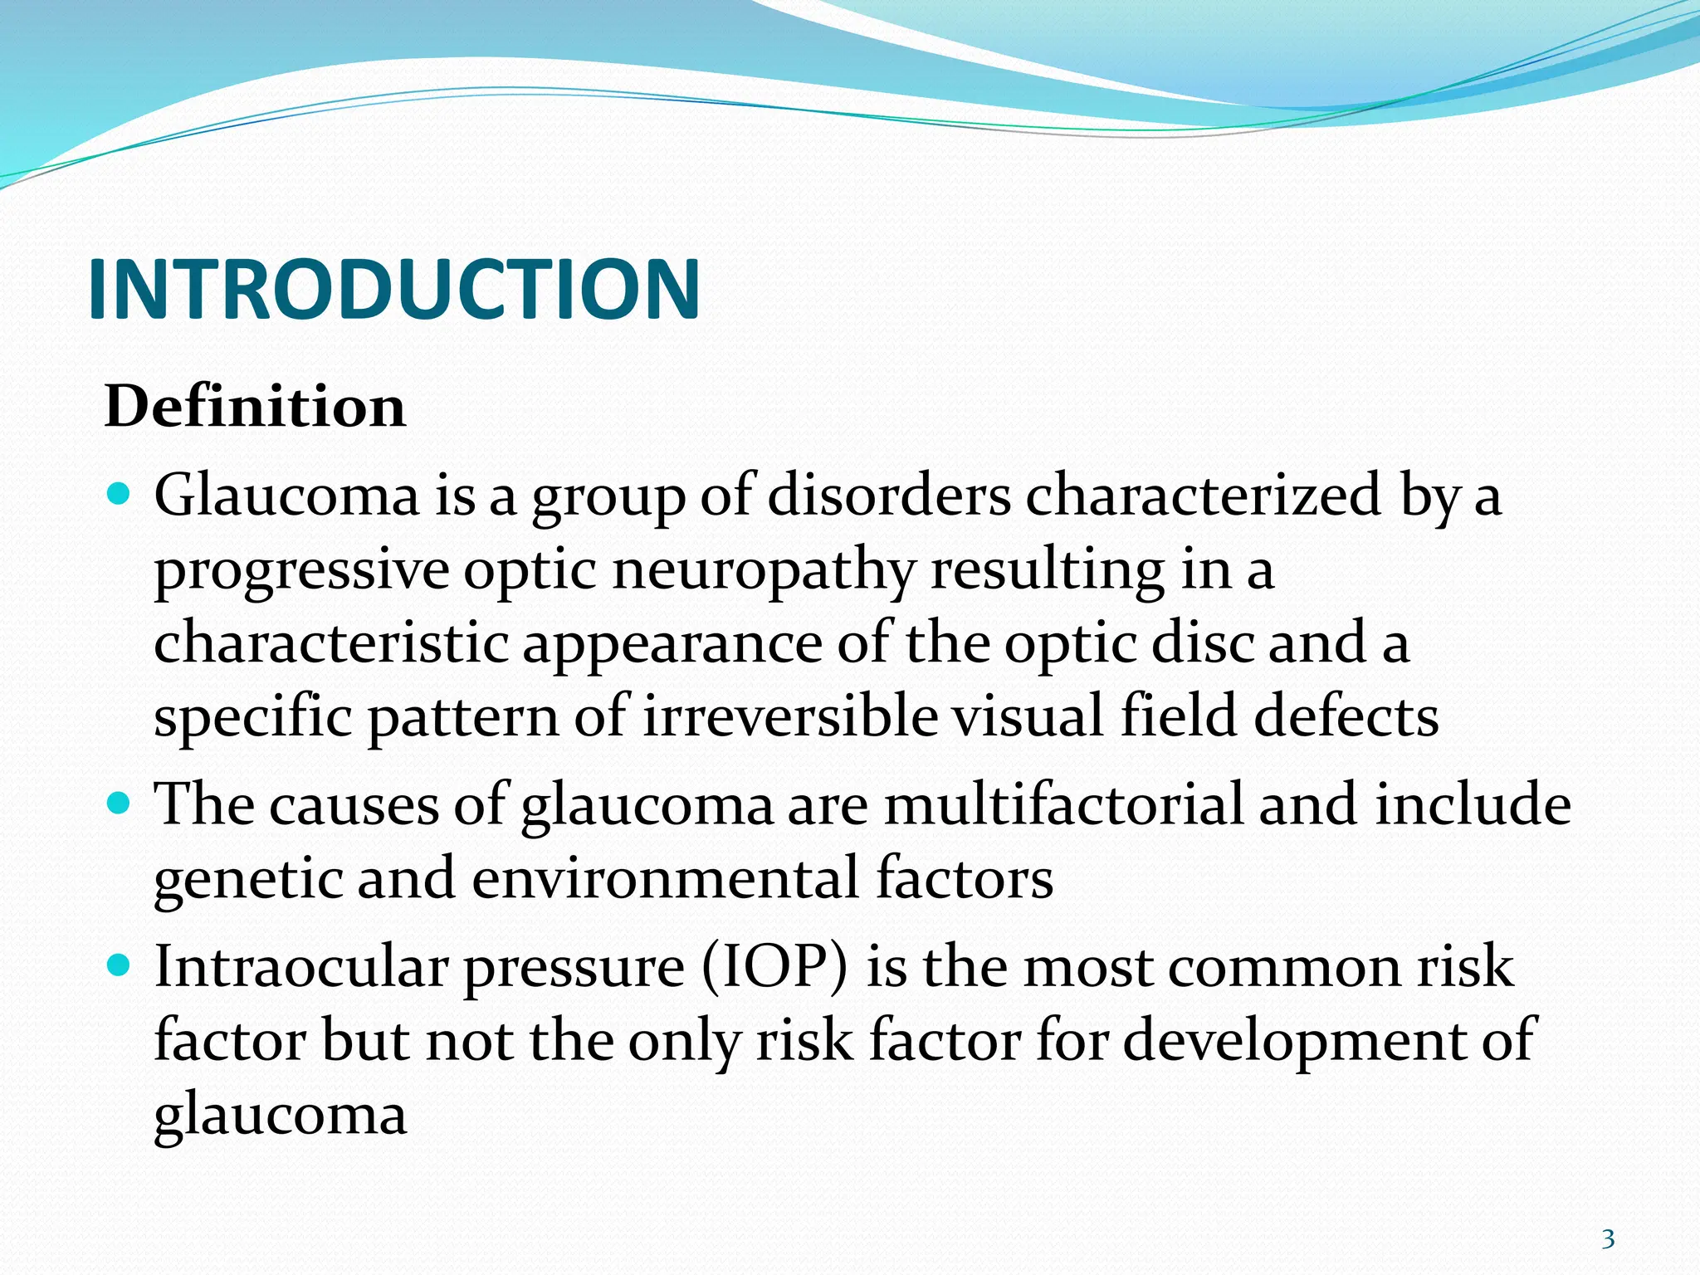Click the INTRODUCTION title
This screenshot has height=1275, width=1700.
(393, 288)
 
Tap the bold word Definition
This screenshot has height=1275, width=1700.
(255, 407)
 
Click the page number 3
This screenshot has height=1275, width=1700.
(1608, 1239)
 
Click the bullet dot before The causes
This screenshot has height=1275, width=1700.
(120, 804)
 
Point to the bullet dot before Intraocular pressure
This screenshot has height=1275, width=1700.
(120, 965)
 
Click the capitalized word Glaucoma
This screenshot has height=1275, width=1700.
(286, 496)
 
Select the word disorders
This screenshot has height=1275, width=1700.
(889, 496)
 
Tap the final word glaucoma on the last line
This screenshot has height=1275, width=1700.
(280, 1115)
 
